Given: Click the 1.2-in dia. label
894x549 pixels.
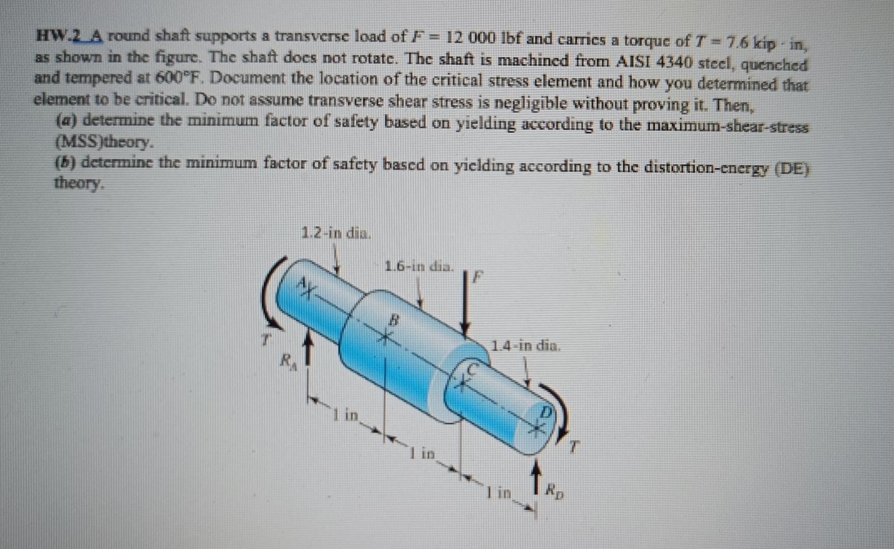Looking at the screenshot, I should point(337,234).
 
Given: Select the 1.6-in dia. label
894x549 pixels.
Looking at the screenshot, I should point(419,265).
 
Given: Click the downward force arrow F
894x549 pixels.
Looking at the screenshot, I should point(464,305).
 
